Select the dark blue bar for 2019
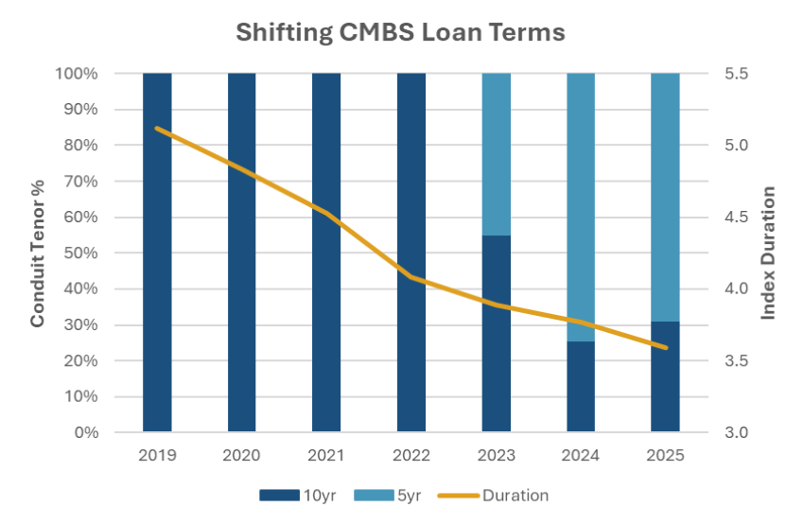157,284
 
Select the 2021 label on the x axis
326,455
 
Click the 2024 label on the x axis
581,455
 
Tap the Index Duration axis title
768,253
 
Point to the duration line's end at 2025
665,347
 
